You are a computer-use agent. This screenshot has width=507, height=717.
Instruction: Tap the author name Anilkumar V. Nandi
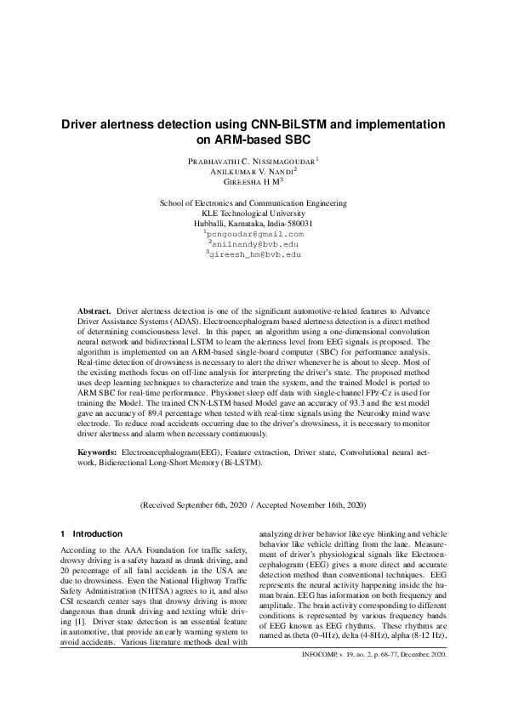pos(252,171)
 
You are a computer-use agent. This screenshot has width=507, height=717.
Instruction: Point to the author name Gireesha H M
pos(252,182)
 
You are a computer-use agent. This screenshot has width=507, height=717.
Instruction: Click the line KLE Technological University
pos(253,213)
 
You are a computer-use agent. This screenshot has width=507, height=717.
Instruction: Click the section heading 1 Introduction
pos(91,534)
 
